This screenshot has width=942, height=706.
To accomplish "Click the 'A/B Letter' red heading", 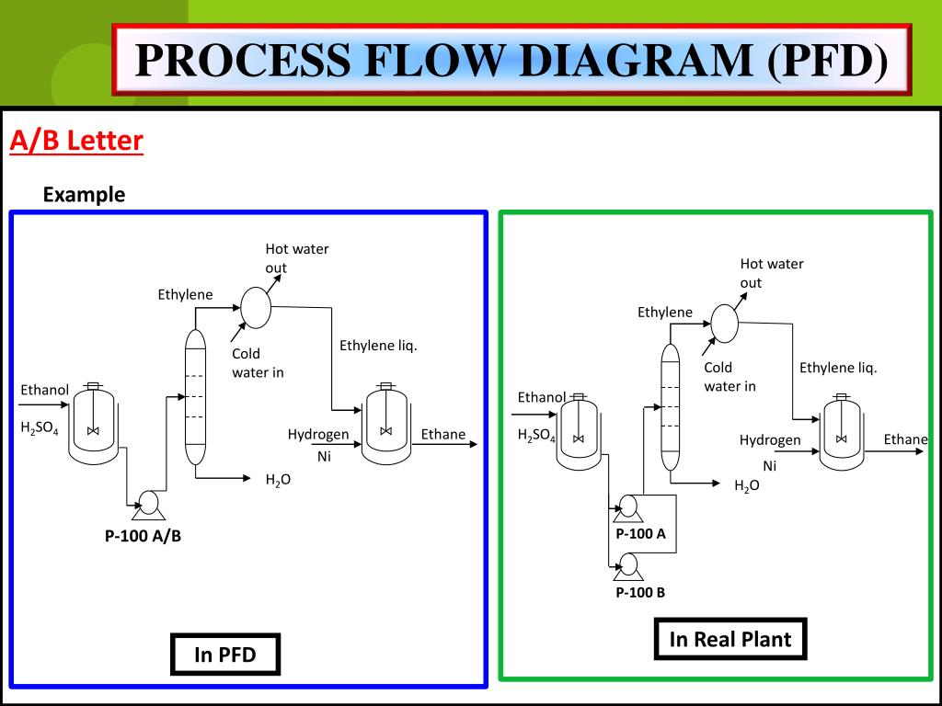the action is point(76,141).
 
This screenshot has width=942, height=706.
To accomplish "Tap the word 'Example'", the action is point(84,195).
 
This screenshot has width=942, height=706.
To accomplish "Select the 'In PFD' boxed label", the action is point(225,655).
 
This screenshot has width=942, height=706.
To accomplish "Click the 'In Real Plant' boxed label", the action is point(729,639).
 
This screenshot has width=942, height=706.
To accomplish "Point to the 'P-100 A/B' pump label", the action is point(143,536).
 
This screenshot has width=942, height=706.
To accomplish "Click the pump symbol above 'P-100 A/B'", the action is point(148,505).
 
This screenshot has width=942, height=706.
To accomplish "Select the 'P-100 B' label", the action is point(640,593).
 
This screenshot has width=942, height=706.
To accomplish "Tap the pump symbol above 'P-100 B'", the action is point(628,567).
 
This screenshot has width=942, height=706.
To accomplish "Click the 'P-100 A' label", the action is point(640,534).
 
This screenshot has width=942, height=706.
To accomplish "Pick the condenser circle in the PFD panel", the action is point(256,307).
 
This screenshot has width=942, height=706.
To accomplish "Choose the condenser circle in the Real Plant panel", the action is point(724,324).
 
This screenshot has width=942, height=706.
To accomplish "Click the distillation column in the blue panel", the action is point(195,397).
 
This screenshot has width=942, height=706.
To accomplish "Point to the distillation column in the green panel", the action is point(671,407).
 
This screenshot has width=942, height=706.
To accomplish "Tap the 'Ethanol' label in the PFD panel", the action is point(45,390).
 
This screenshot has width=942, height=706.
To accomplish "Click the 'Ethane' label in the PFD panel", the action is point(443,434).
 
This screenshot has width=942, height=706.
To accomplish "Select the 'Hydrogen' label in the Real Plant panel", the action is point(770,440).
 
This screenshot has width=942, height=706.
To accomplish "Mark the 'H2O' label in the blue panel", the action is point(278,480).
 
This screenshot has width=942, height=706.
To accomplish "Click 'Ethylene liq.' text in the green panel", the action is point(838,368).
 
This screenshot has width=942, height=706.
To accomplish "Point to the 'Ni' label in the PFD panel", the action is point(324,456).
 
